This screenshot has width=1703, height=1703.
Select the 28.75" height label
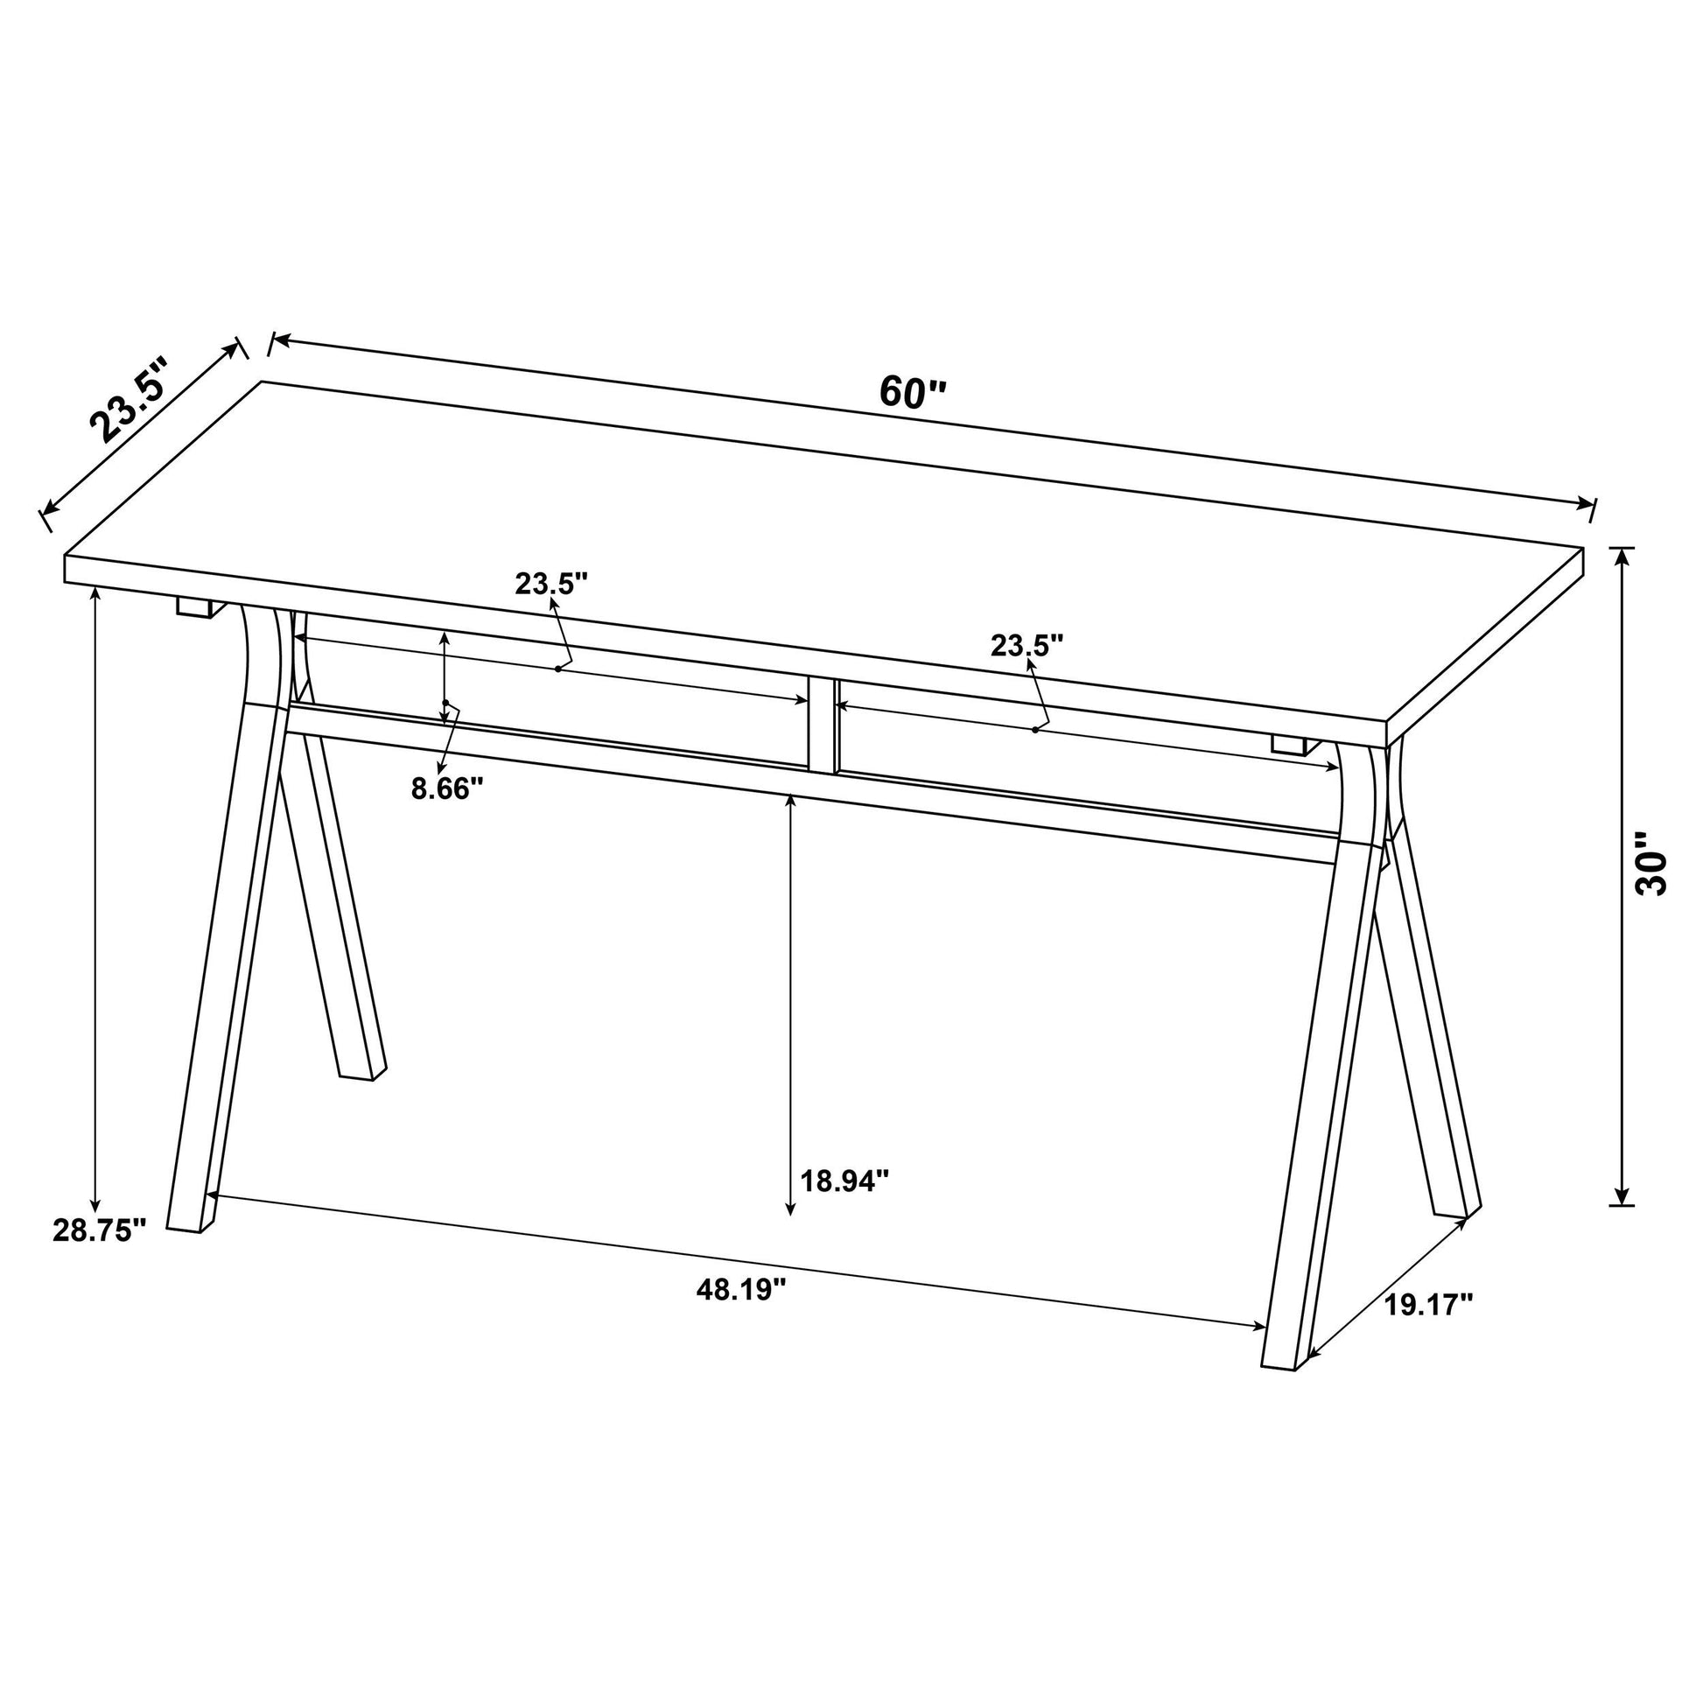99,1230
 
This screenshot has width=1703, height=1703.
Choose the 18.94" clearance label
844,1181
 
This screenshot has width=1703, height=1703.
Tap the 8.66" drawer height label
448,787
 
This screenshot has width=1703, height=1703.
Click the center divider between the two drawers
822,725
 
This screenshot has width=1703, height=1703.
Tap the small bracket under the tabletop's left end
195,606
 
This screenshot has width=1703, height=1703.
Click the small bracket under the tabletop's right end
1290,746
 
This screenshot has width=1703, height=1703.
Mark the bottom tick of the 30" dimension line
1621,1204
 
